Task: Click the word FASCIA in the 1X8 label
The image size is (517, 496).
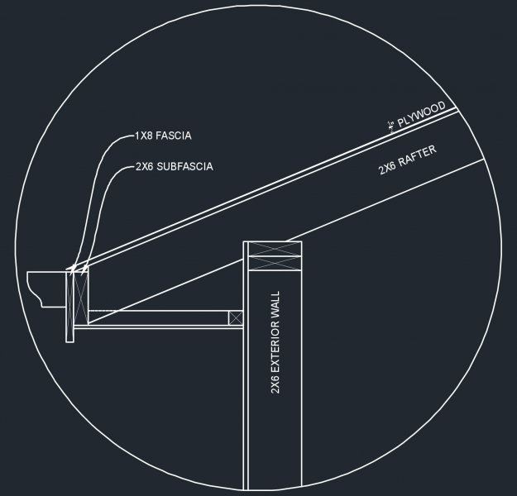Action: click(x=173, y=136)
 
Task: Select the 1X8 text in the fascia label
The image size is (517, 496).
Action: click(x=144, y=136)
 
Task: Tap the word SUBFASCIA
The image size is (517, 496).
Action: click(x=184, y=166)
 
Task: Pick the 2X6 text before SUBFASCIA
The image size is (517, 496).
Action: click(x=145, y=166)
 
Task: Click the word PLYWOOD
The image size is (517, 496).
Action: click(x=422, y=115)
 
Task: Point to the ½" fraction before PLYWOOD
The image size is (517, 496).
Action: click(x=391, y=126)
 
